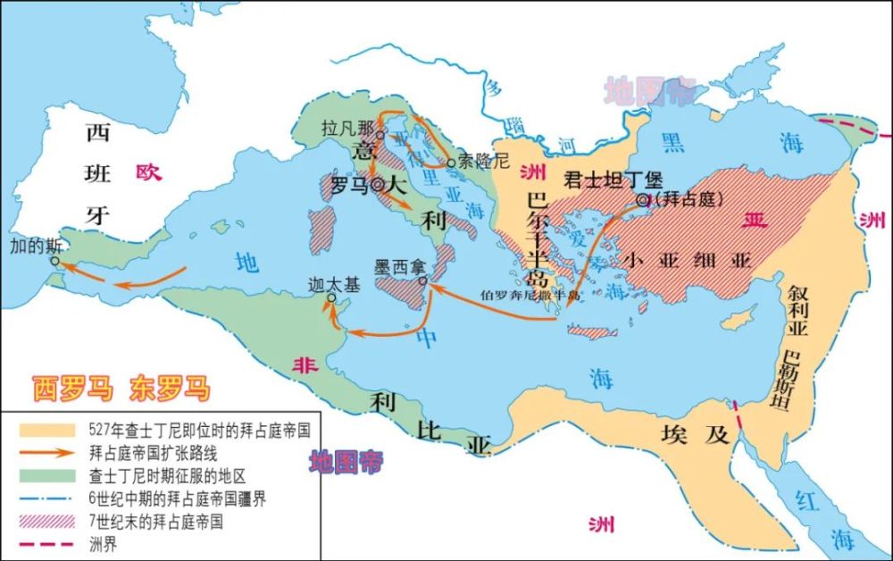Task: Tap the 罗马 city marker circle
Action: pos(379,186)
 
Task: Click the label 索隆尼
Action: pos(489,162)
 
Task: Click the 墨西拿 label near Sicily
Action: pos(399,265)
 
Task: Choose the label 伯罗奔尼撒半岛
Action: pos(530,293)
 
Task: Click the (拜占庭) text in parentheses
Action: pos(689,199)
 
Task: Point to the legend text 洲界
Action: pos(103,543)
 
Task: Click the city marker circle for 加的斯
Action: pos(54,263)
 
